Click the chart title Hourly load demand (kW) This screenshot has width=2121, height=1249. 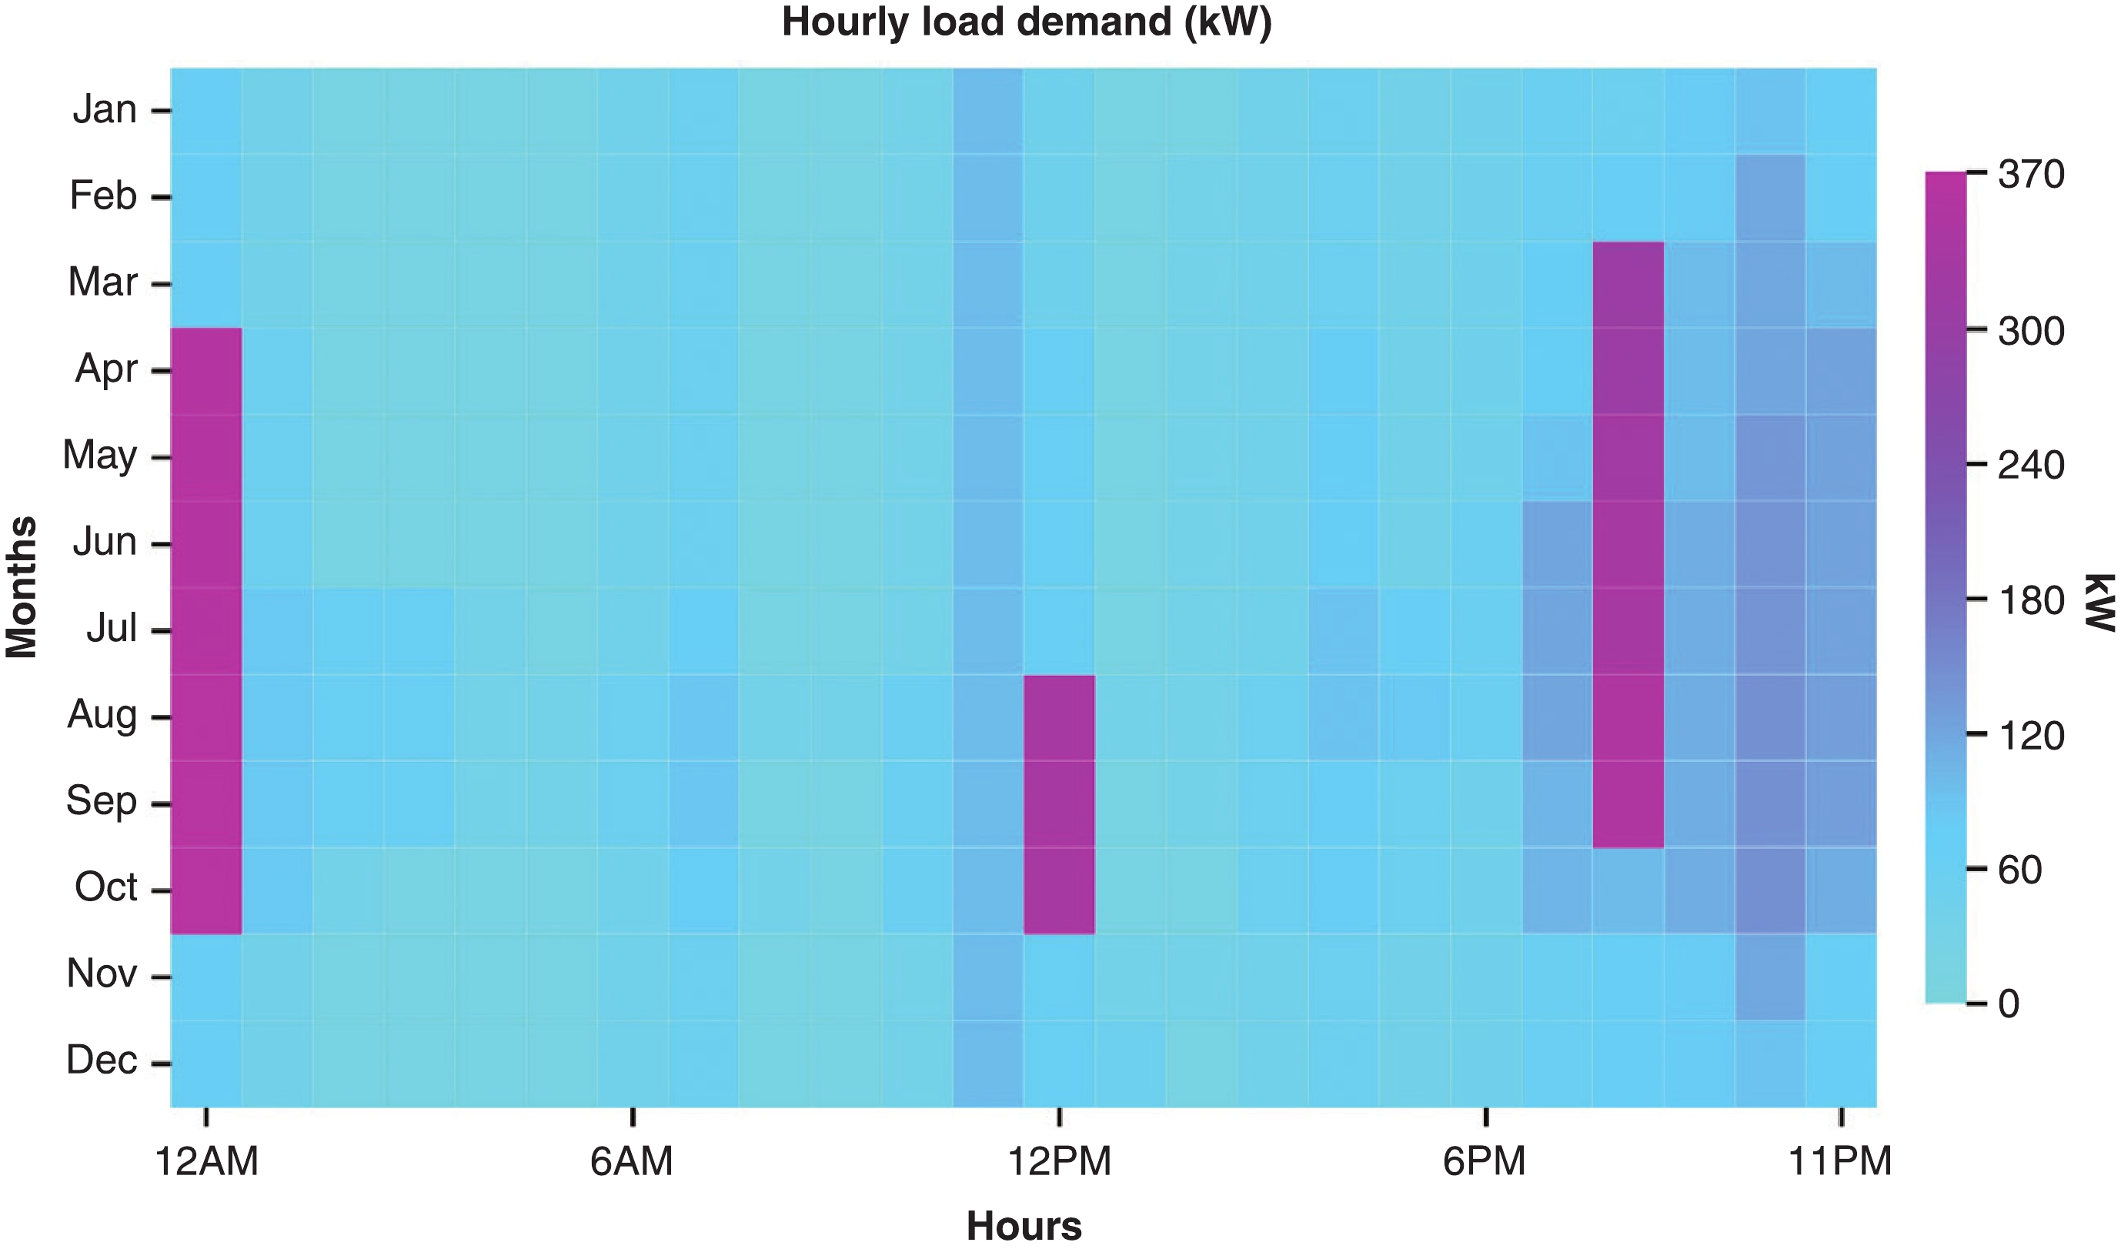click(x=1026, y=22)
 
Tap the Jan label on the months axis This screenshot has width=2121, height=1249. click(x=105, y=110)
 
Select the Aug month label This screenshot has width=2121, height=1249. click(x=102, y=716)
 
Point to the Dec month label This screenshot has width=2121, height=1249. click(x=102, y=1060)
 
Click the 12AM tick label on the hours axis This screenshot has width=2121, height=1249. click(x=206, y=1163)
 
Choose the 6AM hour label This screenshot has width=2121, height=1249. click(x=632, y=1163)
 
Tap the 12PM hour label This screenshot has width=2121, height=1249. click(x=1060, y=1163)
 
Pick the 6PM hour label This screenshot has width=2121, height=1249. click(x=1485, y=1163)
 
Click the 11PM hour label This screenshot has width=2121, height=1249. click(x=1841, y=1163)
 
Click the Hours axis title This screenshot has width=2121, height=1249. click(x=1024, y=1226)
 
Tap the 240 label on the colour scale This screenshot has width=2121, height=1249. click(x=2031, y=466)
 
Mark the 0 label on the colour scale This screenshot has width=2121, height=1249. click(x=2009, y=1004)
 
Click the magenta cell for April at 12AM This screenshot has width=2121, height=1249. click(x=206, y=371)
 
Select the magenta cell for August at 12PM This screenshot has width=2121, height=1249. click(x=1060, y=718)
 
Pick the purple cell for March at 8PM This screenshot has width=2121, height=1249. click(x=1628, y=285)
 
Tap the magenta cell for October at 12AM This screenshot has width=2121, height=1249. click(x=206, y=890)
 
